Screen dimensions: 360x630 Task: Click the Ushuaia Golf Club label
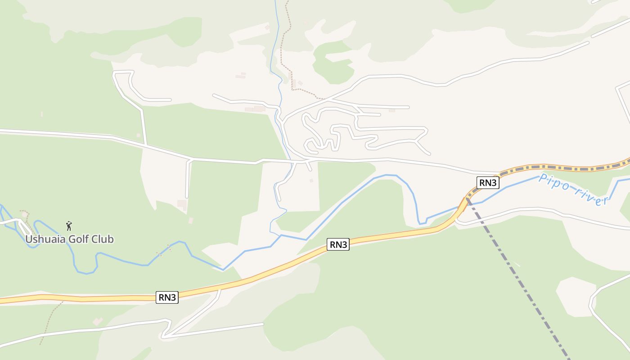pos(69,239)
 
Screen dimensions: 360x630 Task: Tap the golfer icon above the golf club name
pos(69,226)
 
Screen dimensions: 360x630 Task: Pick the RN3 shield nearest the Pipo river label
pos(488,182)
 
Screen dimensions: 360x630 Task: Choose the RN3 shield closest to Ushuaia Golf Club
pos(167,297)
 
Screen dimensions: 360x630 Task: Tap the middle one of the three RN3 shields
pos(338,244)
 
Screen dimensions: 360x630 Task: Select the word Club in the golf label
pos(104,239)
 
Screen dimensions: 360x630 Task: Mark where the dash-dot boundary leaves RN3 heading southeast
pos(468,199)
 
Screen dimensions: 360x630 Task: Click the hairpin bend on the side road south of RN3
pos(165,335)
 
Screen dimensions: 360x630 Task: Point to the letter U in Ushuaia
pos(28,239)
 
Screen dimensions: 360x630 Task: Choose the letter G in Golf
pos(72,239)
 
